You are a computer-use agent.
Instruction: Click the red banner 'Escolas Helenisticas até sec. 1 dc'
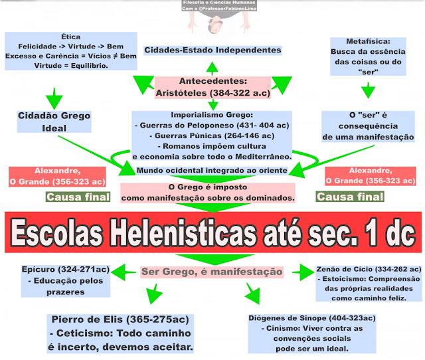click(x=212, y=232)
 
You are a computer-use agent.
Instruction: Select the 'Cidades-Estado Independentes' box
click(x=212, y=50)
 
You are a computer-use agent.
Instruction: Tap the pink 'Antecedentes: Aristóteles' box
click(x=212, y=87)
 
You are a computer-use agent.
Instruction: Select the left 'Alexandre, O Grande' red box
click(x=57, y=176)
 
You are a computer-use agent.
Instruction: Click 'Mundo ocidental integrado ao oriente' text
click(x=212, y=171)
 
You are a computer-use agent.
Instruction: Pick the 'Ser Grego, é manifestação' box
click(x=212, y=272)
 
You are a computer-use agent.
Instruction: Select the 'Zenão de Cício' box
click(x=369, y=284)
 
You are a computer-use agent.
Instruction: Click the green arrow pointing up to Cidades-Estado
click(x=212, y=66)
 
